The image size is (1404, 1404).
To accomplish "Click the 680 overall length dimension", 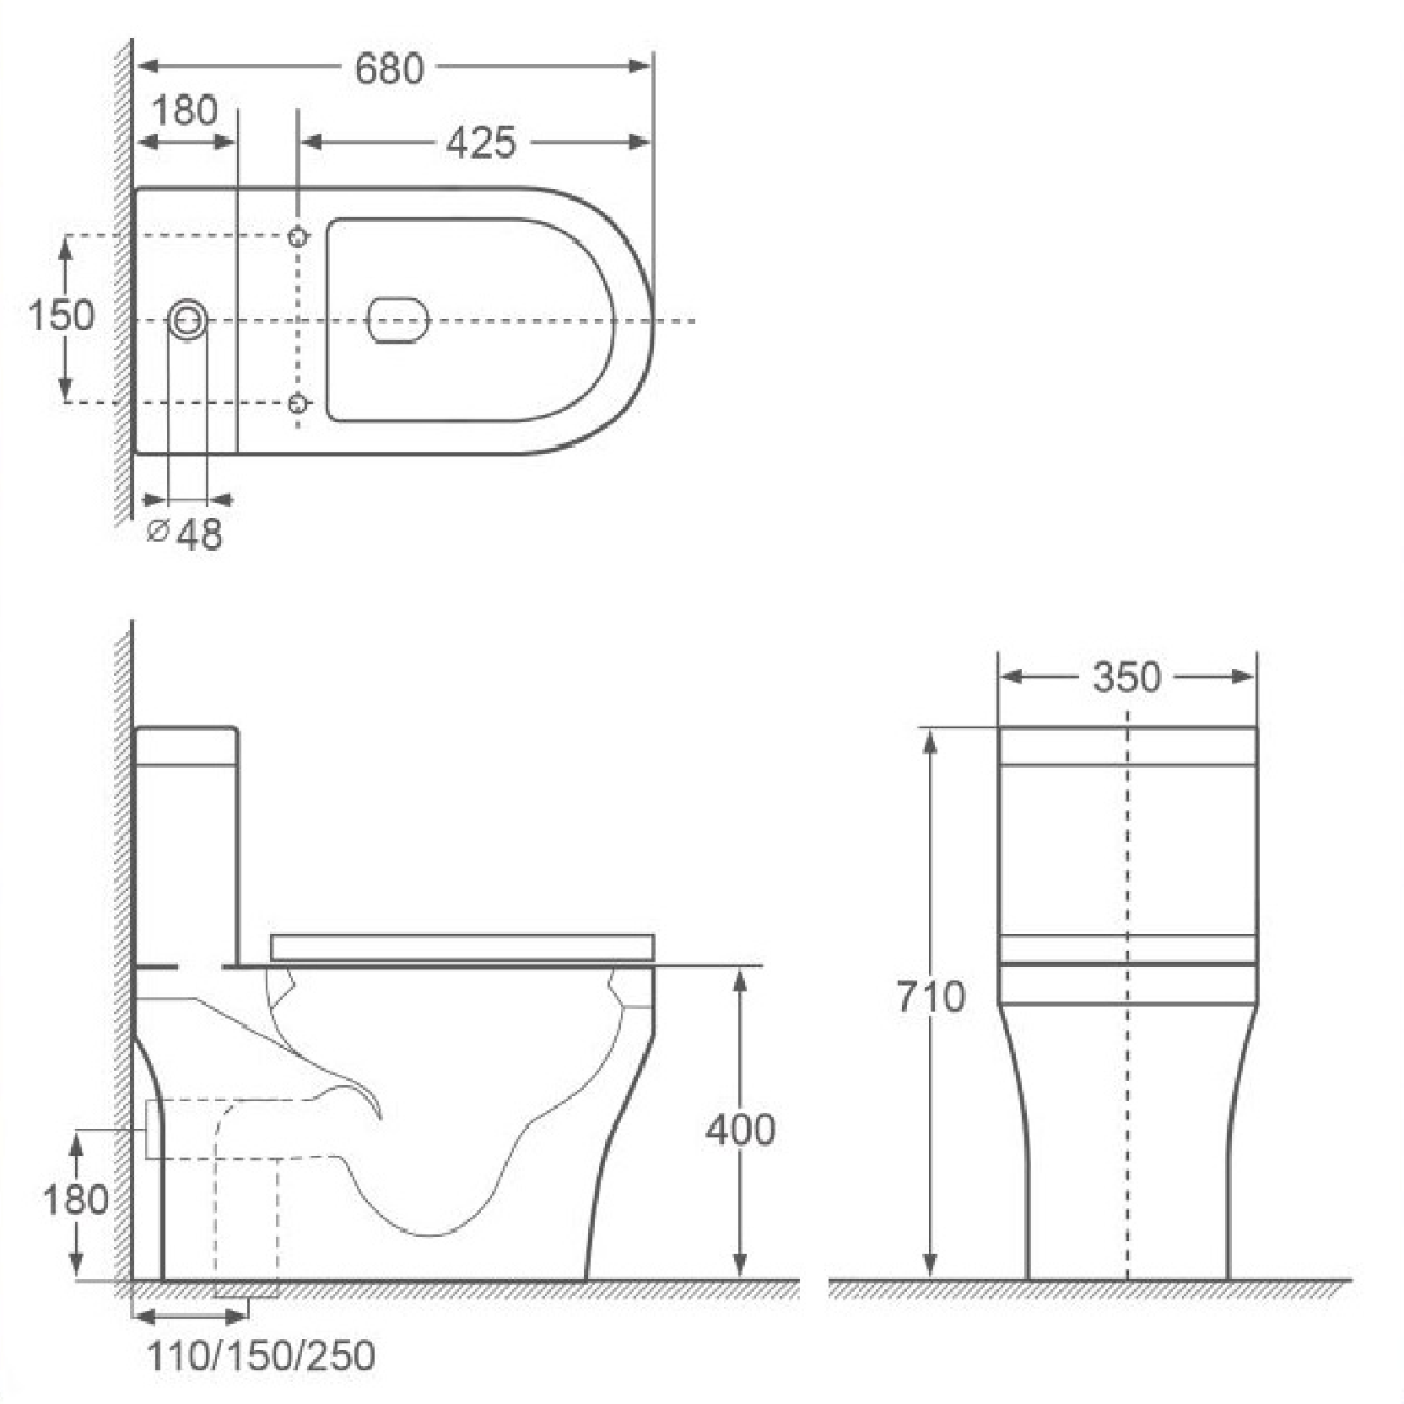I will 389,69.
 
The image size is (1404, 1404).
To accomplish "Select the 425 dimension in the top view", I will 480,143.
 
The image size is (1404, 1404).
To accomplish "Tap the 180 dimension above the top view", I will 185,111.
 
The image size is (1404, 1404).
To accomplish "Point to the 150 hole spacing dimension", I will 61,316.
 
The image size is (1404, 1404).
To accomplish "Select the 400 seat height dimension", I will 740,1130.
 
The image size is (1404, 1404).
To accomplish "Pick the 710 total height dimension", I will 930,997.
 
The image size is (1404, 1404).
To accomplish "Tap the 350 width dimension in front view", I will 1126,677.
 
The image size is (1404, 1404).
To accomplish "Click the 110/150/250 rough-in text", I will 262,1356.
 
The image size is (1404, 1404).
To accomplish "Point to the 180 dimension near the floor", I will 76,1199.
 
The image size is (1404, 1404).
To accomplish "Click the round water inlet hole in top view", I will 188,321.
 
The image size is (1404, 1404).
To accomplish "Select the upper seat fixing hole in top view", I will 297,237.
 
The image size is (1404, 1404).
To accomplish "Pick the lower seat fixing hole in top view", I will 297,404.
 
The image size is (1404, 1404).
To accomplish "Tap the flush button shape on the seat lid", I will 399,321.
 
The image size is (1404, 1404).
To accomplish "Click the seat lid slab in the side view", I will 462,947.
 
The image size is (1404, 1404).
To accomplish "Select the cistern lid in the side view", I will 186,745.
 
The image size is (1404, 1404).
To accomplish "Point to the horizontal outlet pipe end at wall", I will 154,1129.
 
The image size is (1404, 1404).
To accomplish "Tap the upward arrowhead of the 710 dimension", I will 930,738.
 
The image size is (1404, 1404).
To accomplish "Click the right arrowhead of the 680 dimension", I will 642,66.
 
